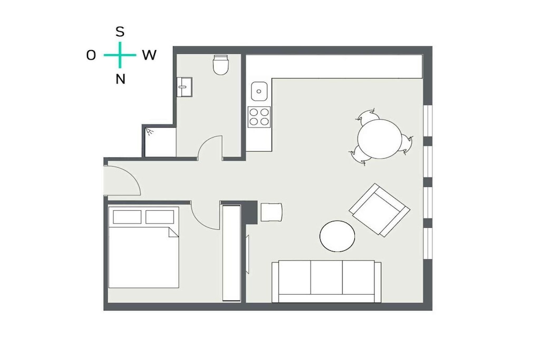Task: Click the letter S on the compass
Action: click(120, 32)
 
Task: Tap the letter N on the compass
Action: click(120, 79)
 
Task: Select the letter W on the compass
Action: click(149, 55)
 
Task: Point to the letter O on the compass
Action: click(91, 55)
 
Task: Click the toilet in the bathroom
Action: click(221, 64)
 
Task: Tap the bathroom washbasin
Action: click(184, 87)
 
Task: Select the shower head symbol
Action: click(149, 131)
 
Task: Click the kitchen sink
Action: click(259, 91)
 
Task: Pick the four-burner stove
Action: click(259, 117)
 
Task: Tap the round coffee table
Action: click(337, 236)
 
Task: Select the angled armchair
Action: click(379, 210)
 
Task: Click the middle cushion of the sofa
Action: click(326, 277)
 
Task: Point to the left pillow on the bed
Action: click(127, 217)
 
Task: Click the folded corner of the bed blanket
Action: click(173, 232)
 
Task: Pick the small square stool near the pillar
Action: click(272, 212)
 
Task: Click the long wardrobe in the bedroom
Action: click(232, 253)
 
